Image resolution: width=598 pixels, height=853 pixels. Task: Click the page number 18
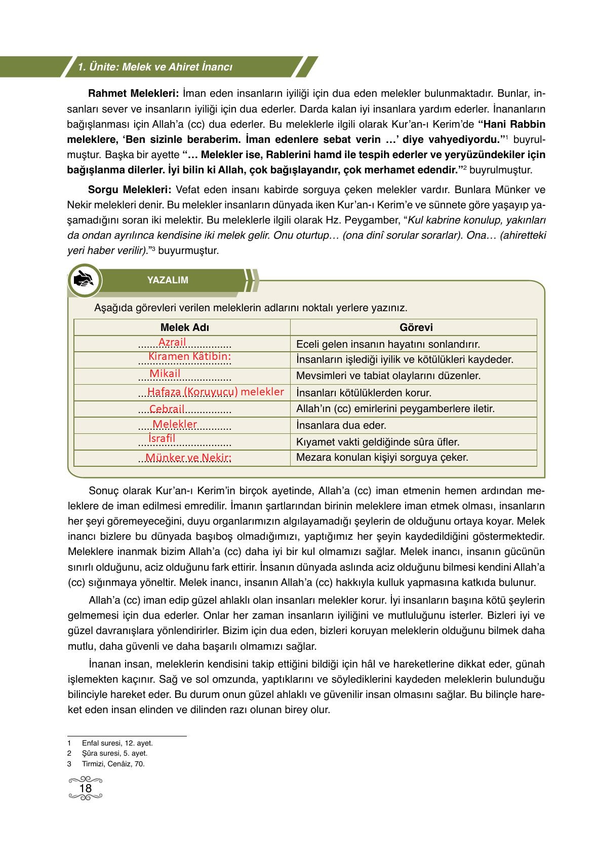pos(86,789)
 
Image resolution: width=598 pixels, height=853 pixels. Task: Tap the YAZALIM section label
pos(168,280)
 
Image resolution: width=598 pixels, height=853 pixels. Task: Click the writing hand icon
pos(84,280)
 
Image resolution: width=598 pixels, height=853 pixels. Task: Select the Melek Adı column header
pos(184,327)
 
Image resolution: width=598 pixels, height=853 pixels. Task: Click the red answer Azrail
pos(172,342)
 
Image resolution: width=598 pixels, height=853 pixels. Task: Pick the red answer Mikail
pos(165,374)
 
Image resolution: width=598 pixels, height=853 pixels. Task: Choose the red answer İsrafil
pos(162,438)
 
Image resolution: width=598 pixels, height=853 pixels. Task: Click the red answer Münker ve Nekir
pos(188,458)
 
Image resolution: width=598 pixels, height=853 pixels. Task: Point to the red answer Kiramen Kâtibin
pos(189,356)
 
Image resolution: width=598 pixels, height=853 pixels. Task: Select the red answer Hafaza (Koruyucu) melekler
pos(215,392)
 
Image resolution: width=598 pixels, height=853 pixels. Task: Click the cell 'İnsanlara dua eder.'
pos(341,425)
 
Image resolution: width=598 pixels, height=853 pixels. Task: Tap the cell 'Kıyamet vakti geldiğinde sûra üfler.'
pos(378,442)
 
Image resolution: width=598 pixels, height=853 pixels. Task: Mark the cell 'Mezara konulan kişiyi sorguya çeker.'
pos(382,457)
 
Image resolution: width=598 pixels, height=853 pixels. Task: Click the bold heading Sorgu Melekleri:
pos(130,190)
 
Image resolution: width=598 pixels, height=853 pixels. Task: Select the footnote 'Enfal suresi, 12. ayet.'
pos(117,743)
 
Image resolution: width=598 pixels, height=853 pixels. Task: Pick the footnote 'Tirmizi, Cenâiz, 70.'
pos(113,764)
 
